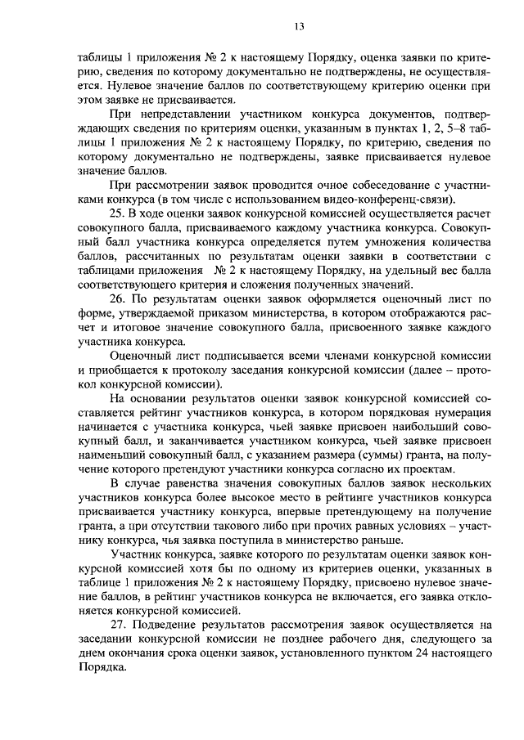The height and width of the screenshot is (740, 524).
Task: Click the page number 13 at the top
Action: coord(300,27)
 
